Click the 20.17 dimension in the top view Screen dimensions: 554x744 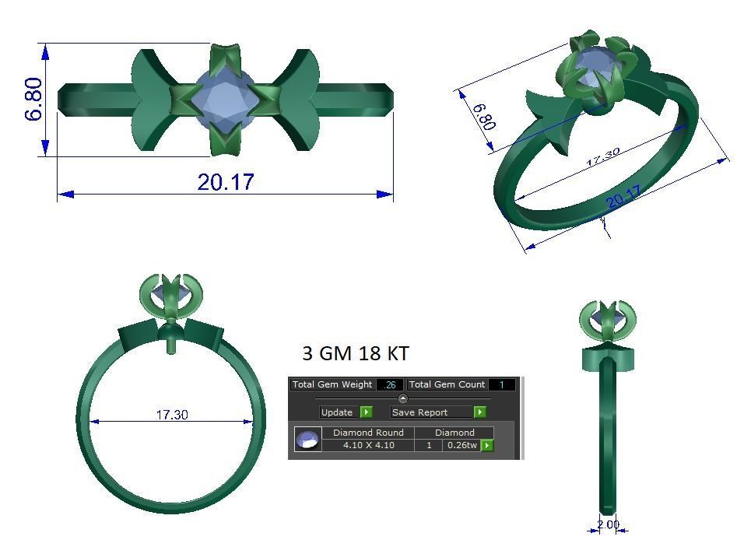(x=226, y=182)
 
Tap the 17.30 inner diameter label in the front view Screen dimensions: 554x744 (x=172, y=415)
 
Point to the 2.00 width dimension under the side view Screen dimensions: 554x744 (x=609, y=524)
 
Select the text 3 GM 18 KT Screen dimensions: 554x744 (x=355, y=353)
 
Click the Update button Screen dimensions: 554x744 (x=338, y=412)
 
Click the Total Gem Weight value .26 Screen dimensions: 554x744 (x=390, y=384)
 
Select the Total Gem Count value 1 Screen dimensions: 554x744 (x=502, y=384)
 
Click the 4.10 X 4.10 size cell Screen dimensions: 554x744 (x=368, y=445)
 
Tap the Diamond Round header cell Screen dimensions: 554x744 (x=368, y=433)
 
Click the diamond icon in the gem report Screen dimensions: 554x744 (x=307, y=440)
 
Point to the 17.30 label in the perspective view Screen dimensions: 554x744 (x=602, y=157)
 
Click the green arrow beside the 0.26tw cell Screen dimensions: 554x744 (x=487, y=445)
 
